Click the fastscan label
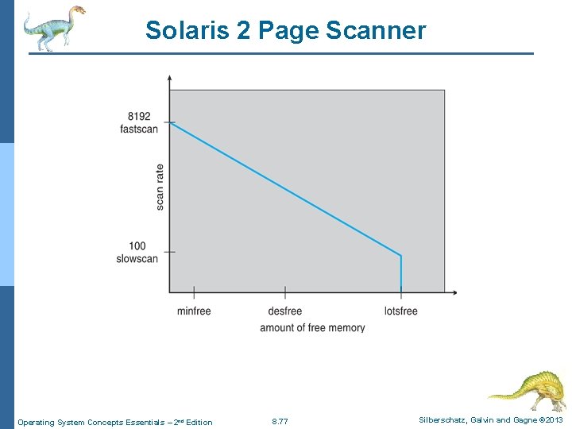(139, 129)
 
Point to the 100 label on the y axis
(137, 246)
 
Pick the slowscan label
(137, 259)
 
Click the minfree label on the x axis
(194, 311)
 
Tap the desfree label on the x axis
(284, 311)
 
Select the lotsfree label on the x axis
(400, 311)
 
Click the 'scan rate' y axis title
(160, 187)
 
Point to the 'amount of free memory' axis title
(312, 327)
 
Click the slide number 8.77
(280, 422)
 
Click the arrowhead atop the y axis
(169, 78)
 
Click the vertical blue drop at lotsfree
(401, 272)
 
